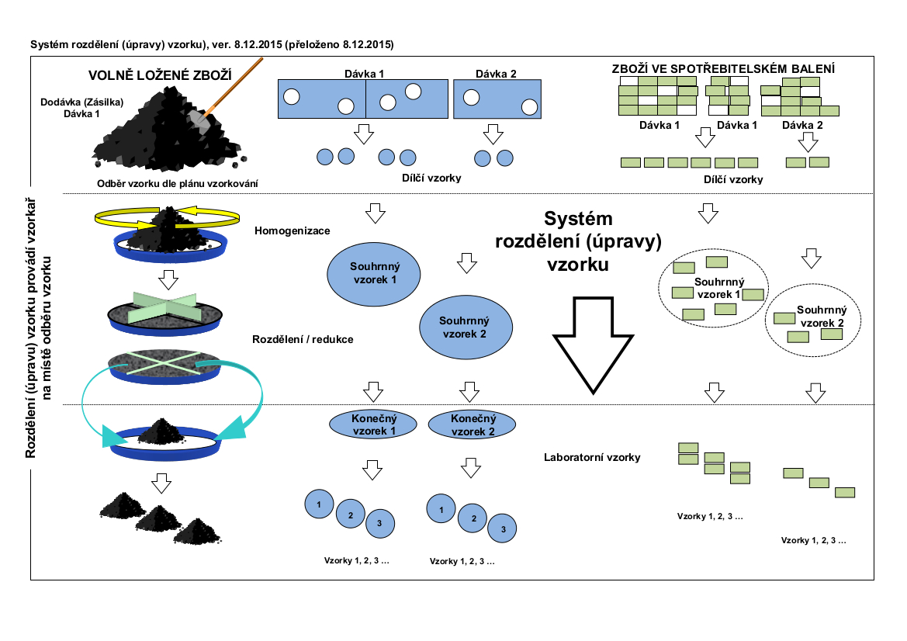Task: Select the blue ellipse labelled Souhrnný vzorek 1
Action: (x=374, y=272)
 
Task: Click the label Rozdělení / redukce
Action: (x=303, y=339)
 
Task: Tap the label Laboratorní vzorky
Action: (x=592, y=457)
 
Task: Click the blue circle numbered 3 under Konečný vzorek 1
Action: (x=379, y=523)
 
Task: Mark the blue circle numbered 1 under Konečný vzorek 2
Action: (x=441, y=509)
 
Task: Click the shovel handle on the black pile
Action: (x=233, y=84)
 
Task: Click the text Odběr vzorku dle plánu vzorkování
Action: (x=178, y=183)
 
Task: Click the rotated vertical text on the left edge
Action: (x=36, y=327)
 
